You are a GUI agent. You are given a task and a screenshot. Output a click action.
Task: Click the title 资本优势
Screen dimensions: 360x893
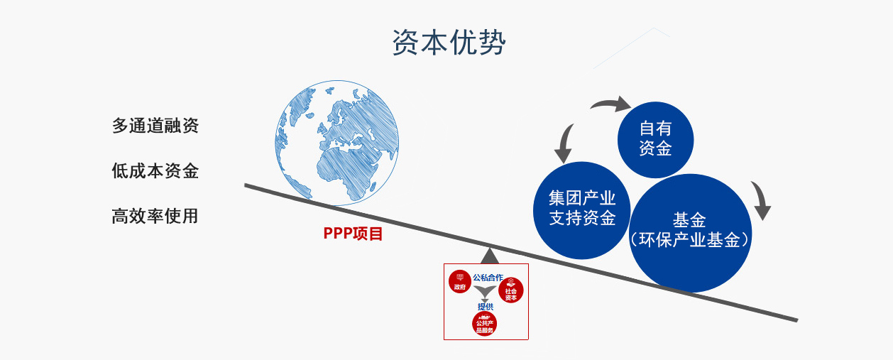click(x=449, y=43)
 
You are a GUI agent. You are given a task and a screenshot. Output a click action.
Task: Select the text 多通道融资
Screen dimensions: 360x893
click(x=155, y=126)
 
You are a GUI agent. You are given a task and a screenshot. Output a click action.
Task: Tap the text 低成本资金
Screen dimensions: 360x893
click(x=155, y=171)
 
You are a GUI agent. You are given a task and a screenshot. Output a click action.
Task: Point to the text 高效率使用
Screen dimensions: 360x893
click(x=155, y=216)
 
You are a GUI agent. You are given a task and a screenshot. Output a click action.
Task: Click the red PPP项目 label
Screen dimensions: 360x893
click(x=353, y=234)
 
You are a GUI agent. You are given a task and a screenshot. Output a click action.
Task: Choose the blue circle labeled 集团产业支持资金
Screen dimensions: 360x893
click(x=582, y=209)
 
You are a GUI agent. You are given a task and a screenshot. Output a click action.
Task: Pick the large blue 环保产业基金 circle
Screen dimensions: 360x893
click(x=689, y=233)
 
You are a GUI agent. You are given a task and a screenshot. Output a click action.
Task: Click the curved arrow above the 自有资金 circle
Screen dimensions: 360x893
click(x=610, y=105)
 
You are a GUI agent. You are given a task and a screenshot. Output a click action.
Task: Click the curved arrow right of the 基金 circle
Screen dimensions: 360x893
click(x=761, y=200)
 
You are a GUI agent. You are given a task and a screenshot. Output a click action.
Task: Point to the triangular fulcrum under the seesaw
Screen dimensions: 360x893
click(x=489, y=255)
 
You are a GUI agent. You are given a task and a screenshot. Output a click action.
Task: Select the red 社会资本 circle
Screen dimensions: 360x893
click(x=511, y=290)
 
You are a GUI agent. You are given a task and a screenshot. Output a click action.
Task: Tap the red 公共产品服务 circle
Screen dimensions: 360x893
click(x=485, y=324)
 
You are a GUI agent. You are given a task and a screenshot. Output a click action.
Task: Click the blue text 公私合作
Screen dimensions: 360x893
click(x=488, y=277)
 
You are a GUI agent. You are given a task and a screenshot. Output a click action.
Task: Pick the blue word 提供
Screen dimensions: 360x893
click(x=486, y=307)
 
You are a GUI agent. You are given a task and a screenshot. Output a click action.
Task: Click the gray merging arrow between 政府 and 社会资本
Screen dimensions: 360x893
click(x=486, y=293)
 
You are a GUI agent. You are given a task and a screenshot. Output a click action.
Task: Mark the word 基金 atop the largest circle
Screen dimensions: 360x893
click(x=689, y=220)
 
